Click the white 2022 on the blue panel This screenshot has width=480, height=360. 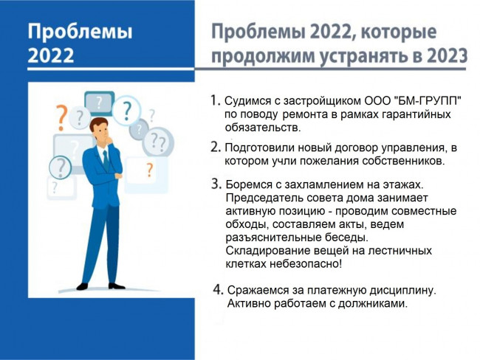51,55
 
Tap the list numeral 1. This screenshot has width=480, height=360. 215,100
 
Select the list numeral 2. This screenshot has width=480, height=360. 216,147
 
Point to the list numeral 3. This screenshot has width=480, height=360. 216,184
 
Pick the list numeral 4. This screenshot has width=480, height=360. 219,289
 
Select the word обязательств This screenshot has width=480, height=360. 263,127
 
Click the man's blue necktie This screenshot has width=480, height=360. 106,161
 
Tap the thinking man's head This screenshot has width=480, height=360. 100,128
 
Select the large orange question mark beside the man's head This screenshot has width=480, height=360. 61,117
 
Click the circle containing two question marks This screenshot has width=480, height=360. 158,142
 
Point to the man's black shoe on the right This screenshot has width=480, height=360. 117,286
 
